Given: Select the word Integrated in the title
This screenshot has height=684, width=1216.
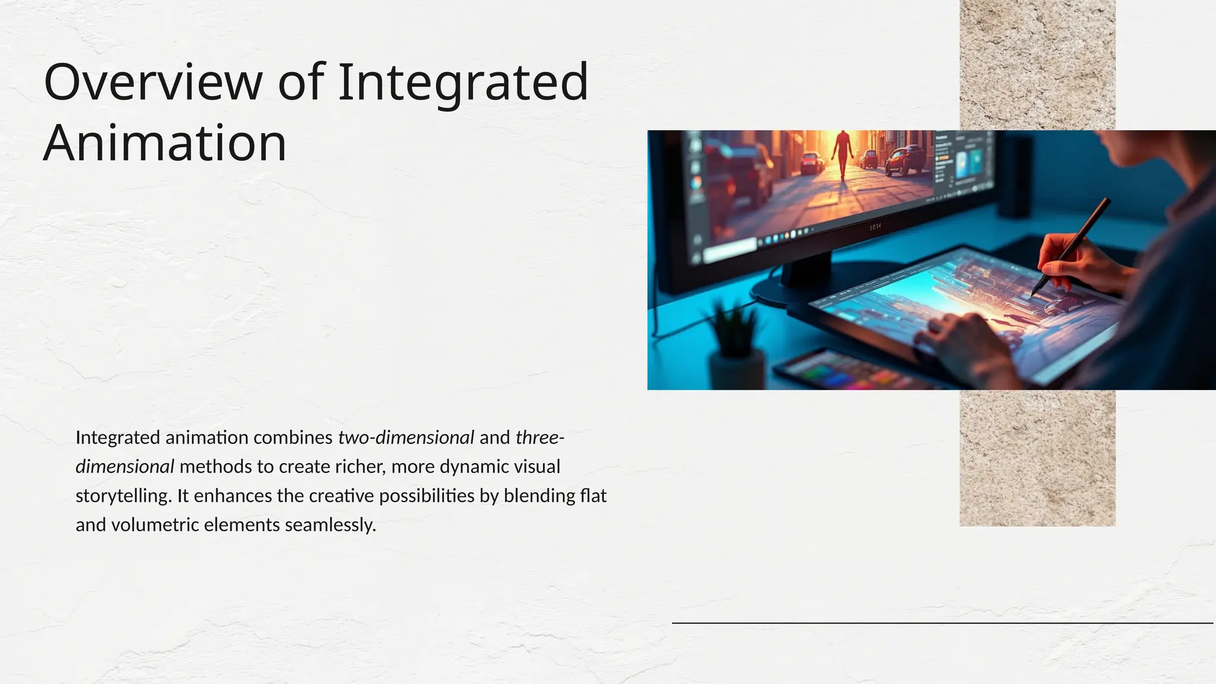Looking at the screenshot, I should coord(463,83).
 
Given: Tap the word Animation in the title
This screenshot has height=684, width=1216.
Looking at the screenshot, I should coord(165,144).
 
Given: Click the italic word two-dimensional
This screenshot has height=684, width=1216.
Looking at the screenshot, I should coord(406,438).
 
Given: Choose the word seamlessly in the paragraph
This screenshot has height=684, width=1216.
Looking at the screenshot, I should coord(330,525).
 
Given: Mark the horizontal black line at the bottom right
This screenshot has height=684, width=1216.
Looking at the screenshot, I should coord(942,623).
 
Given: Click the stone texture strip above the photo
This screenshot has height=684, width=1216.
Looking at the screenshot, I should coord(1037,65).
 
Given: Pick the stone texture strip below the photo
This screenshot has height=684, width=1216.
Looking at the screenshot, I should coord(1037,457).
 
